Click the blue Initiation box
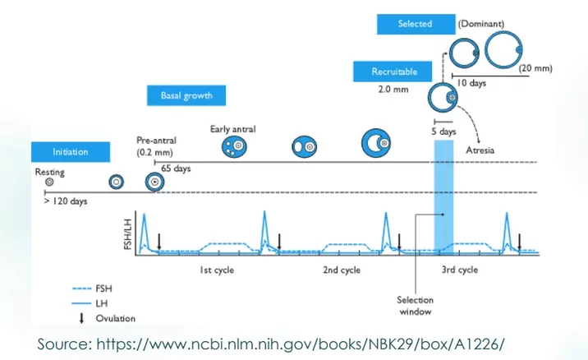coord(71,152)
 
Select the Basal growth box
coord(186,95)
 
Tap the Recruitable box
coord(393,72)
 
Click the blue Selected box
coord(416,24)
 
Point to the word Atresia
coord(480,150)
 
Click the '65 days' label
coord(176,168)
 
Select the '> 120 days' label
coord(66,201)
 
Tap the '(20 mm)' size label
coord(535,68)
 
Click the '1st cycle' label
coord(217,270)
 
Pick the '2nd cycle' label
coord(342,270)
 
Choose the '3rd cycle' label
coord(460,270)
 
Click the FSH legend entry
coord(92,288)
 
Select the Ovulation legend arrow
coord(81,318)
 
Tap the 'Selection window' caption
coord(415,306)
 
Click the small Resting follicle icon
coord(49,182)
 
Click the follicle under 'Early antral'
coord(234,146)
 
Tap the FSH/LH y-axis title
coord(128,234)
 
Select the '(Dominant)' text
coord(481,24)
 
